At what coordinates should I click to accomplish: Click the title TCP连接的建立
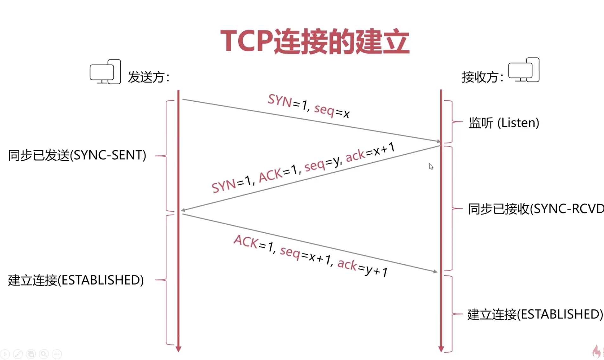click(x=315, y=41)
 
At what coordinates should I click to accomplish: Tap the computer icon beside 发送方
click(x=105, y=72)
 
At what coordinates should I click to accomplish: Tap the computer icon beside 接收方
click(x=524, y=70)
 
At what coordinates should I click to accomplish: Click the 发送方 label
click(x=149, y=77)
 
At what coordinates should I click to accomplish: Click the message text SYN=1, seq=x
click(x=309, y=106)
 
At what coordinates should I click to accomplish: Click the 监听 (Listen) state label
click(x=504, y=123)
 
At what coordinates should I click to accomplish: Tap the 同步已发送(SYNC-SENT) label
click(x=77, y=155)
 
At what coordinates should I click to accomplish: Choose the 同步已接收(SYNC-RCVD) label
click(x=536, y=209)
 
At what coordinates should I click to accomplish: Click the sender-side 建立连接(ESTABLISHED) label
click(x=76, y=280)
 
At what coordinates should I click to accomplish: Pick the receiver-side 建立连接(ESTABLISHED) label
click(x=535, y=314)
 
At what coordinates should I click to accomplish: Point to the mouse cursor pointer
click(x=431, y=166)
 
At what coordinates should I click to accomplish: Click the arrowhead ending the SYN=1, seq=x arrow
click(x=439, y=141)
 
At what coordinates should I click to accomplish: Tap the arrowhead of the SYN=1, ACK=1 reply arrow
click(x=183, y=210)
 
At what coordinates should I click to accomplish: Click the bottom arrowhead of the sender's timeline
click(x=178, y=349)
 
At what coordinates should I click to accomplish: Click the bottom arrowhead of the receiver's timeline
click(x=441, y=349)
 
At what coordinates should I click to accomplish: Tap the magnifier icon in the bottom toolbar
click(x=44, y=354)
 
